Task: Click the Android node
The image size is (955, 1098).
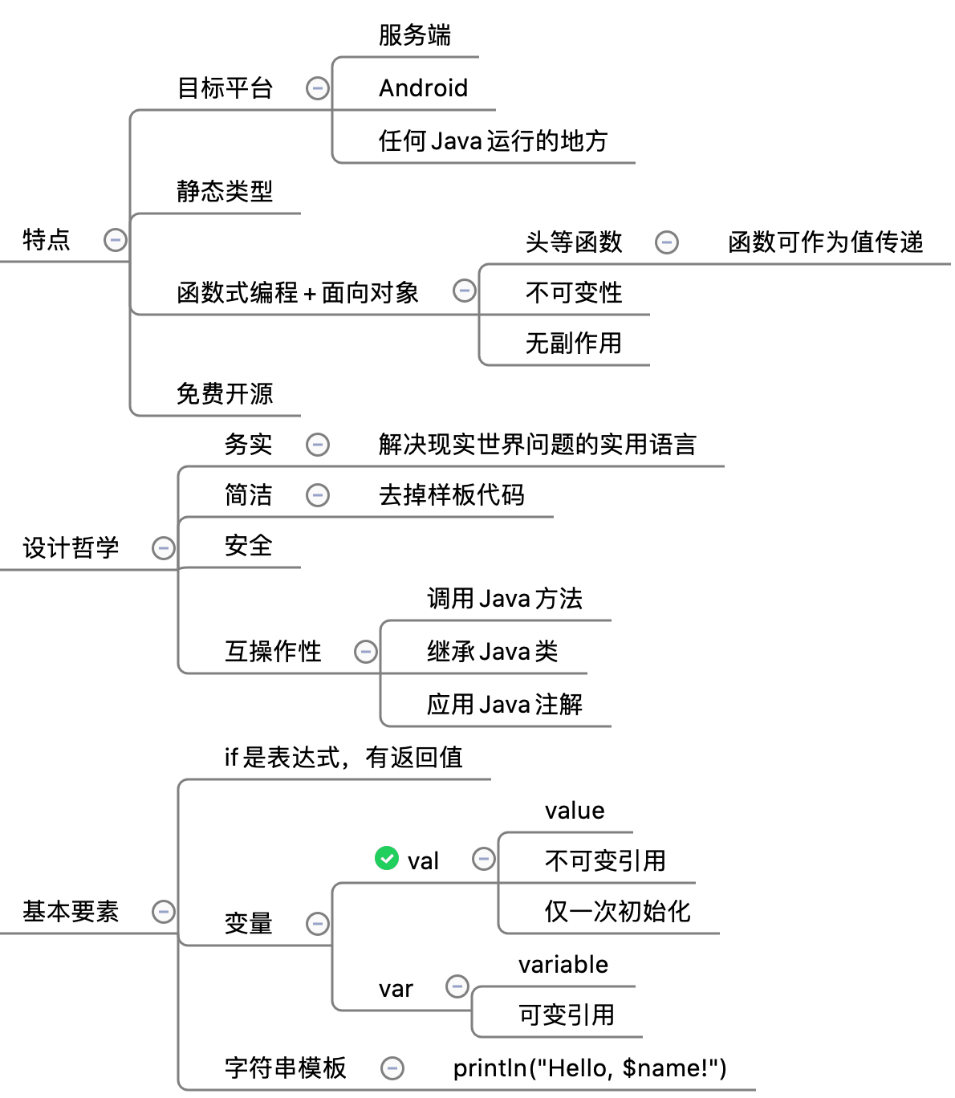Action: point(423,87)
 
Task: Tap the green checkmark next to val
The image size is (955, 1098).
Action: point(387,859)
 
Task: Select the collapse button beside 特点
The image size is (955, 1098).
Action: point(116,239)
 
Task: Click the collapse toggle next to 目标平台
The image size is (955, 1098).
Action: point(318,87)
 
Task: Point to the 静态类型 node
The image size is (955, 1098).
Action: point(225,191)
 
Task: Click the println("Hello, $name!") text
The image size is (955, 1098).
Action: point(590,1068)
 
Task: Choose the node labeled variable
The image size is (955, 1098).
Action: point(563,965)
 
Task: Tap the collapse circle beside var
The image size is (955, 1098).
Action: point(457,986)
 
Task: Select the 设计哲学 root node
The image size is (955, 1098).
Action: point(71,548)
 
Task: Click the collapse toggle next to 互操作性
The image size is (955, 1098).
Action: point(366,651)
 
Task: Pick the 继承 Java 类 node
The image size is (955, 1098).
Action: point(492,651)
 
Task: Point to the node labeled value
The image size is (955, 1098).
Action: point(575,811)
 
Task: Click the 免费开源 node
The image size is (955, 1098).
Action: point(225,393)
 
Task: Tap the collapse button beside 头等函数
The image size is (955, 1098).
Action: point(667,242)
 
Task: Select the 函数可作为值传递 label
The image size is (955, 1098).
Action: point(826,242)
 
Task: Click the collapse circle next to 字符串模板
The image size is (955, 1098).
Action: point(392,1067)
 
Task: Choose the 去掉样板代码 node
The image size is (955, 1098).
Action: point(451,495)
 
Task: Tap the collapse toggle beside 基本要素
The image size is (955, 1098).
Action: point(164,912)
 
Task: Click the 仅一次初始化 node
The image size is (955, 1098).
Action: point(617,912)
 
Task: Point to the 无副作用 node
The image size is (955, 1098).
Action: point(573,344)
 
